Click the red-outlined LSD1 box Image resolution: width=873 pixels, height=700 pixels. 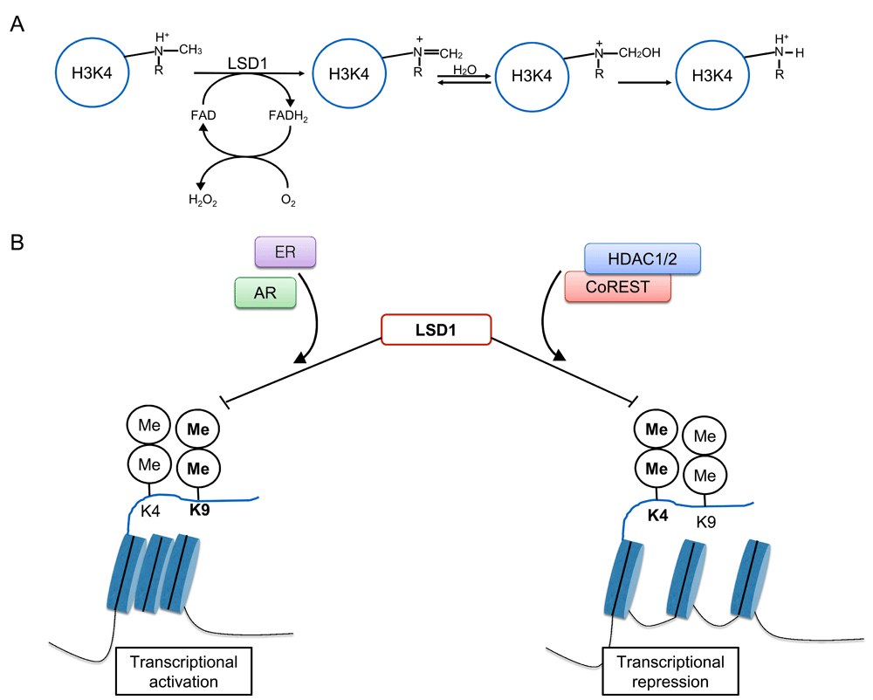pos(436,328)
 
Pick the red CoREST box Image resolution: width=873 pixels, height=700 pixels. pos(618,285)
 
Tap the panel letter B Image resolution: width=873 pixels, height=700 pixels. pos(17,238)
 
